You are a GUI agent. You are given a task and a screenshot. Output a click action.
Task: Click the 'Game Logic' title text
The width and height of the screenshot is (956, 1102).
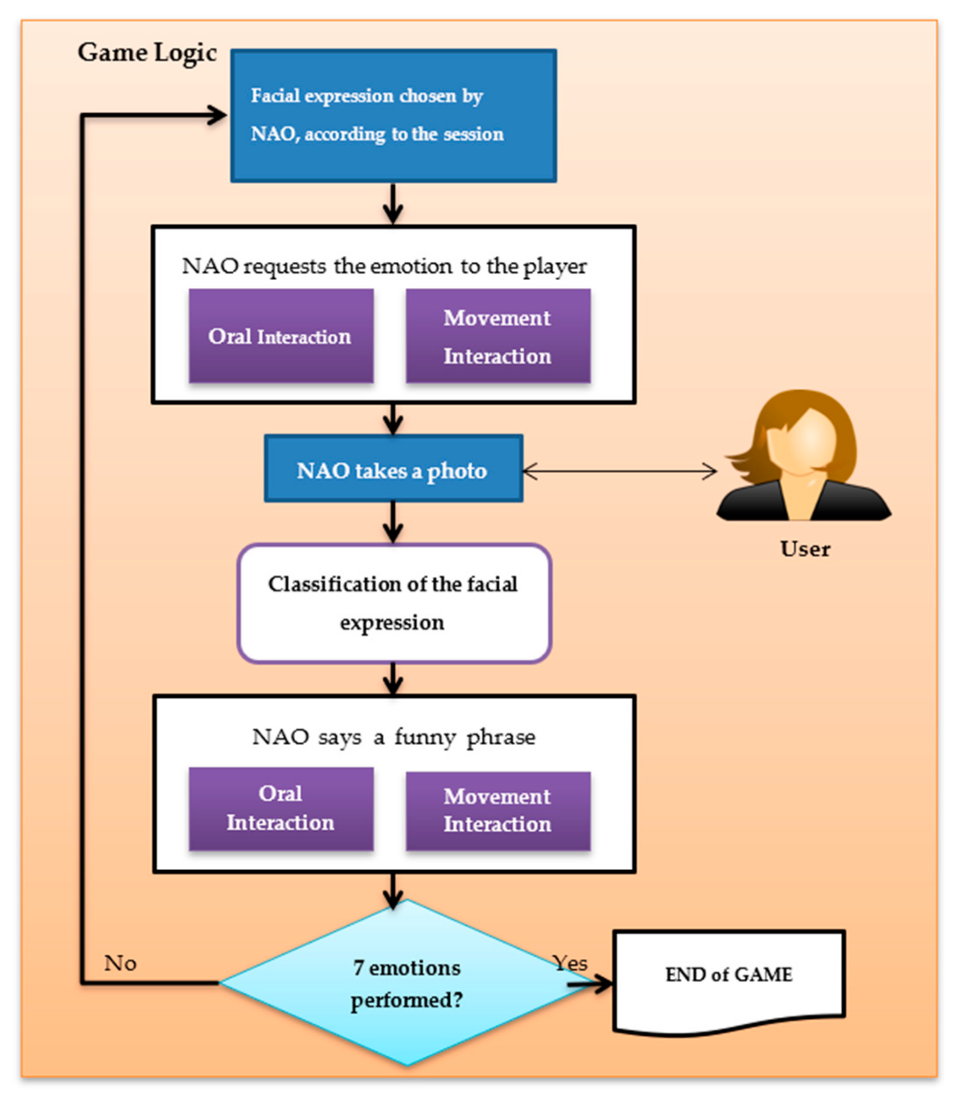147,53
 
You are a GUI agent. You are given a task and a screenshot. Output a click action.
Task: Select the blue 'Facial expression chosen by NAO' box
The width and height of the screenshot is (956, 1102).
393,116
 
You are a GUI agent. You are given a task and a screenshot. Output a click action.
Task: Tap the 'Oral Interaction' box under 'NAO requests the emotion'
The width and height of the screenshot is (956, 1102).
281,336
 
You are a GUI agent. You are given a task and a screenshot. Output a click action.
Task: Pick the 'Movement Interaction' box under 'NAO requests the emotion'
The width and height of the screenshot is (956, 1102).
498,336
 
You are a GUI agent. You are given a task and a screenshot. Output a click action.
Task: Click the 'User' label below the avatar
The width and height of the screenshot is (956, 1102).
804,549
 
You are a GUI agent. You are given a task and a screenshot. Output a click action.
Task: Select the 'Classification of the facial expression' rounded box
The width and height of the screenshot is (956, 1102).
394,603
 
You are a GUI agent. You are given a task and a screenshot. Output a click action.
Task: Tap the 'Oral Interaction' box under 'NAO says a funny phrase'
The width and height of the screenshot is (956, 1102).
281,808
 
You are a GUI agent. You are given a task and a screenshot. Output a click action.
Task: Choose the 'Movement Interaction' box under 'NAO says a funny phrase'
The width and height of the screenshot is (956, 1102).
498,810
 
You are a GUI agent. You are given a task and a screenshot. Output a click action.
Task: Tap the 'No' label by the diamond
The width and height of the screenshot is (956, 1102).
120,963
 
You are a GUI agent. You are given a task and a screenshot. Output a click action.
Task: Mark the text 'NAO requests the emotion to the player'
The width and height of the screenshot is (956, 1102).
384,266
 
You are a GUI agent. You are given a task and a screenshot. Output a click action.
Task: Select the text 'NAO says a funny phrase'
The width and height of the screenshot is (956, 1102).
394,737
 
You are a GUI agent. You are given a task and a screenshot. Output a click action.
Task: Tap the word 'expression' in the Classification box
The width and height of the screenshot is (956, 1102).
392,622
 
